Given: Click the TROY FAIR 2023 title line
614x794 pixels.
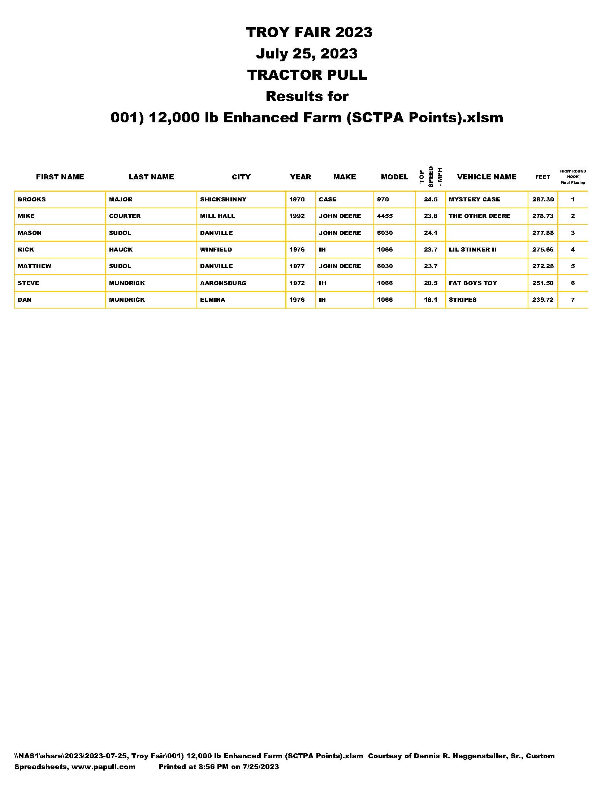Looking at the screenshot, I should click(309, 32).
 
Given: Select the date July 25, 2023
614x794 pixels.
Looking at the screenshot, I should click(307, 54).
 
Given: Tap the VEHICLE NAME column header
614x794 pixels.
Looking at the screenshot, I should click(487, 177).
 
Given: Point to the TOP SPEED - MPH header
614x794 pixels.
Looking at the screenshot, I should click(430, 177).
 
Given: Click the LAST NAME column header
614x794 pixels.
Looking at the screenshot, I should click(151, 177).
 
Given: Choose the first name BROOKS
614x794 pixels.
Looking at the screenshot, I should click(32, 200).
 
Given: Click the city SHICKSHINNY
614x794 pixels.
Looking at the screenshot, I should click(223, 200).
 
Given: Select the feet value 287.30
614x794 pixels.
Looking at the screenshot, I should click(543, 200).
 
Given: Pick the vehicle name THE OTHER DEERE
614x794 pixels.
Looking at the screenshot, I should click(479, 216).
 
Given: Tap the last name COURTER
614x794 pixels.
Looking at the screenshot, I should click(125, 216).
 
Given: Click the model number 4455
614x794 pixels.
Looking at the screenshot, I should click(385, 216).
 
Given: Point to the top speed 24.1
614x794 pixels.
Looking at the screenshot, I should click(430, 233).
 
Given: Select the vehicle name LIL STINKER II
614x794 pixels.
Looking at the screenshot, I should click(472, 250).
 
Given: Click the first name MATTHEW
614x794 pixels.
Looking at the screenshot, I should click(35, 266).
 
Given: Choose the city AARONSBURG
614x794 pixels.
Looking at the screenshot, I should click(223, 283).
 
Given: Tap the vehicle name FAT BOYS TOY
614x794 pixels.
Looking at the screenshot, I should click(472, 283).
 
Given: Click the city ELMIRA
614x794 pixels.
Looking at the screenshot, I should click(212, 300).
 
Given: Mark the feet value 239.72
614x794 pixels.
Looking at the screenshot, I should click(543, 300).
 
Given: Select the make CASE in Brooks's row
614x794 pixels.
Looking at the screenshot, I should click(327, 200).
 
